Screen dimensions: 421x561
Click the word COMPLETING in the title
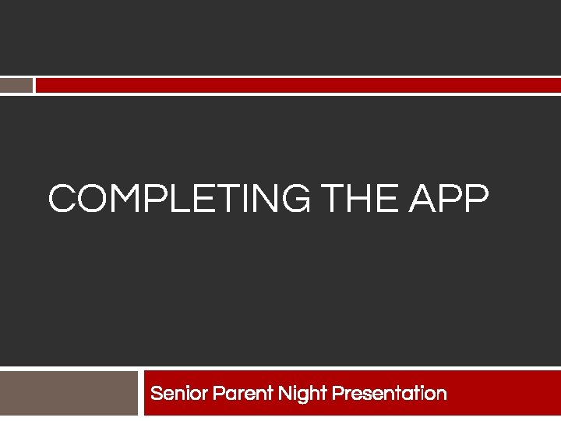pyautogui.click(x=178, y=199)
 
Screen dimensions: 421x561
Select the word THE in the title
pyautogui.click(x=359, y=199)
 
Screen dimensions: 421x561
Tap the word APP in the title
pyautogui.click(x=449, y=199)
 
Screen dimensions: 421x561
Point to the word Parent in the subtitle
pyautogui.click(x=238, y=393)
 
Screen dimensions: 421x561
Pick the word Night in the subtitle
pyautogui.click(x=302, y=394)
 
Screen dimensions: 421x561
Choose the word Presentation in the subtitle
pyautogui.click(x=389, y=393)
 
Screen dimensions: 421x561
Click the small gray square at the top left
pyautogui.click(x=16, y=85)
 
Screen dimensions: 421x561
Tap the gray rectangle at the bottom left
pyautogui.click(x=69, y=393)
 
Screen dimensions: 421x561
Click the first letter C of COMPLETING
pyautogui.click(x=62, y=199)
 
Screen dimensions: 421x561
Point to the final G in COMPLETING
pyautogui.click(x=293, y=199)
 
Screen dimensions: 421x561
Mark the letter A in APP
pyautogui.click(x=422, y=199)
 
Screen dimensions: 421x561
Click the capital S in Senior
pyautogui.click(x=157, y=393)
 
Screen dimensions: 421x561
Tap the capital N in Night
pyautogui.click(x=286, y=393)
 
